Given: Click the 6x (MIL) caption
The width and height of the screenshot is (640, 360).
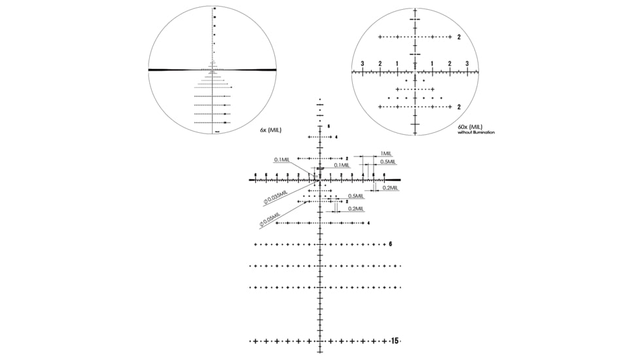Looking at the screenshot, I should click(x=270, y=130).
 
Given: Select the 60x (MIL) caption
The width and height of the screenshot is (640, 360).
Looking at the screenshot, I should click(x=469, y=126).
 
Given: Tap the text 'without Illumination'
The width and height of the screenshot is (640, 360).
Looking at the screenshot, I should click(x=476, y=132).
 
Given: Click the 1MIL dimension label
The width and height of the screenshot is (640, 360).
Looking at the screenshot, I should click(x=387, y=154).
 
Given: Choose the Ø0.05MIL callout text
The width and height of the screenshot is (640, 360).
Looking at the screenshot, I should click(x=270, y=219).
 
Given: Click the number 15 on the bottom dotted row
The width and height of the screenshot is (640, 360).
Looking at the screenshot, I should click(x=395, y=341).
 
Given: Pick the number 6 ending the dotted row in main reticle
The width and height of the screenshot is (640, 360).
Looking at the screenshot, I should click(x=390, y=244).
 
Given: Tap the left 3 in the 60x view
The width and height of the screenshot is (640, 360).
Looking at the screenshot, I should click(x=363, y=63).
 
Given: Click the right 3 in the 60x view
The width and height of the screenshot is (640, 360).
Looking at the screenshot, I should click(x=467, y=63).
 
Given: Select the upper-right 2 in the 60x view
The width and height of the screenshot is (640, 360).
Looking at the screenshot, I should click(x=459, y=37).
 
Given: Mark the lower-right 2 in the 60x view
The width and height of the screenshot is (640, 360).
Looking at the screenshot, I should click(x=459, y=107).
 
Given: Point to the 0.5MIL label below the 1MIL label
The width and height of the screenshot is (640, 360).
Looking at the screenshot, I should click(x=387, y=162).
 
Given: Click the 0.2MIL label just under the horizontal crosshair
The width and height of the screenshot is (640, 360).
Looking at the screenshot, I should click(x=391, y=188).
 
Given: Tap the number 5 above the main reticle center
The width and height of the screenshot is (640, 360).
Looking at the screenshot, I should click(x=329, y=126).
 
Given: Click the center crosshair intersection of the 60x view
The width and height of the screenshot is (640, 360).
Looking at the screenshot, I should click(x=415, y=72).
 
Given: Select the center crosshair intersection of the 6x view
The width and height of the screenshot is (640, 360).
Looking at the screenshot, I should click(x=213, y=69).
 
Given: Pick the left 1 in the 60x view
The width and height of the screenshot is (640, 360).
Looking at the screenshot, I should click(x=398, y=63).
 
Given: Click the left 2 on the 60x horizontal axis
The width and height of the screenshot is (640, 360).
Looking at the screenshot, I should click(x=380, y=63).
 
